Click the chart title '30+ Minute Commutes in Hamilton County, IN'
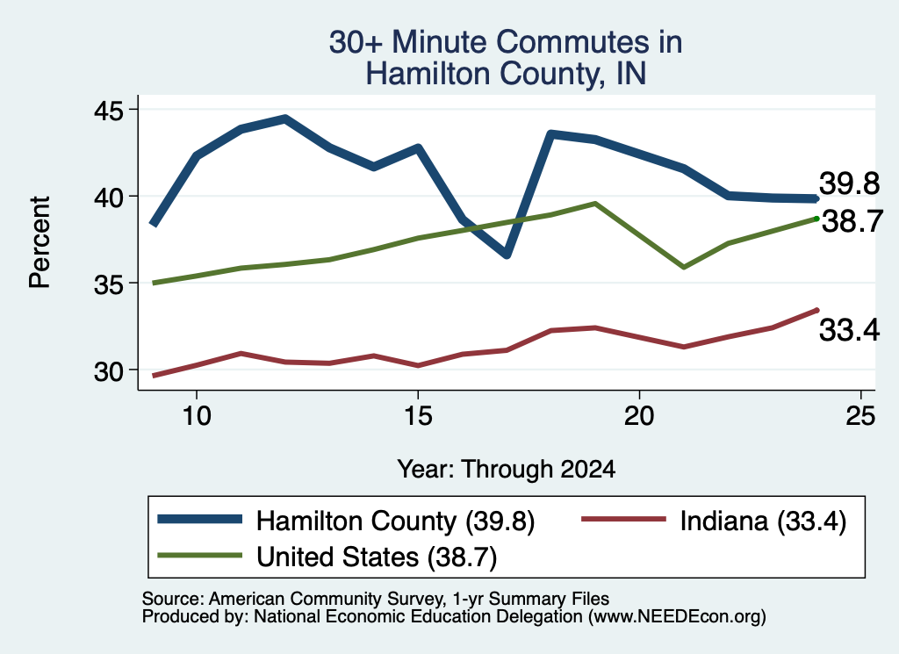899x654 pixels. (x=506, y=58)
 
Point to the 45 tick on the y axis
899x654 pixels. (x=108, y=110)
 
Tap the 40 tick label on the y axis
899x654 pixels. (x=108, y=198)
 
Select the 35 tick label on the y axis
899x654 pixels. (x=108, y=284)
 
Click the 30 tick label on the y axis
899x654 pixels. (x=108, y=371)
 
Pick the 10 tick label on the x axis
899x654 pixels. (x=197, y=415)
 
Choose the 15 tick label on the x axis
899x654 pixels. (x=418, y=415)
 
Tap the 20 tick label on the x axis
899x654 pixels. (x=639, y=415)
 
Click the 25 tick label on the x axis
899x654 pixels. (x=860, y=415)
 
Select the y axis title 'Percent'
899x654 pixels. (x=40, y=242)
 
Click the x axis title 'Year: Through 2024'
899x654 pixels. (x=507, y=469)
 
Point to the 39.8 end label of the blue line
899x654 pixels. (x=849, y=184)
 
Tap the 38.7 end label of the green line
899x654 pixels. (x=852, y=221)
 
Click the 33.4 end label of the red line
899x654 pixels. (x=849, y=330)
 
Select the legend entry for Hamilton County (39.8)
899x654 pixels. (x=346, y=521)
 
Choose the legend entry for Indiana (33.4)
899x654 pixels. (x=714, y=521)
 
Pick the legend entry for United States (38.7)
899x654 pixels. (x=327, y=556)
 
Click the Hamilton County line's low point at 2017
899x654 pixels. (x=507, y=255)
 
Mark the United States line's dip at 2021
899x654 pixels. (x=683, y=267)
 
